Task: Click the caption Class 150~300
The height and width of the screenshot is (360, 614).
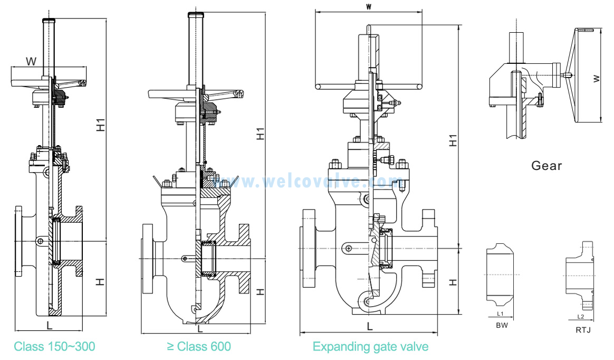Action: pyautogui.click(x=54, y=347)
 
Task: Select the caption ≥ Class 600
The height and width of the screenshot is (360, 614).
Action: pyautogui.click(x=199, y=347)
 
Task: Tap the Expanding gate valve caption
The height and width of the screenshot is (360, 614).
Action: pyautogui.click(x=370, y=347)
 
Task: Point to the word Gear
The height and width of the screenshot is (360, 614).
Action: pyautogui.click(x=546, y=166)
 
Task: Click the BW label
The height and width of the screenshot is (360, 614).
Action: pyautogui.click(x=502, y=326)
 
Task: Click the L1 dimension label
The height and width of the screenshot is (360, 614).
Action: pyautogui.click(x=500, y=314)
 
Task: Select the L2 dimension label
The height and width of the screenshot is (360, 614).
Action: pyautogui.click(x=580, y=317)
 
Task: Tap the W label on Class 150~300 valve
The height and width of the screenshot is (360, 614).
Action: pyautogui.click(x=32, y=62)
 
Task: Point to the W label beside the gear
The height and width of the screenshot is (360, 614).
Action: pyautogui.click(x=596, y=79)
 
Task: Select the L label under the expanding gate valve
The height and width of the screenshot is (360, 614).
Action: pyautogui.click(x=370, y=327)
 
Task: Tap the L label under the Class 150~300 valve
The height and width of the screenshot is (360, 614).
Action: pyautogui.click(x=49, y=323)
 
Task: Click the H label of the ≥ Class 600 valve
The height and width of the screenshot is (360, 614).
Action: pyautogui.click(x=260, y=291)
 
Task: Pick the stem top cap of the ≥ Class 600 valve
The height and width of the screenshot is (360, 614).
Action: pyautogui.click(x=195, y=15)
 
